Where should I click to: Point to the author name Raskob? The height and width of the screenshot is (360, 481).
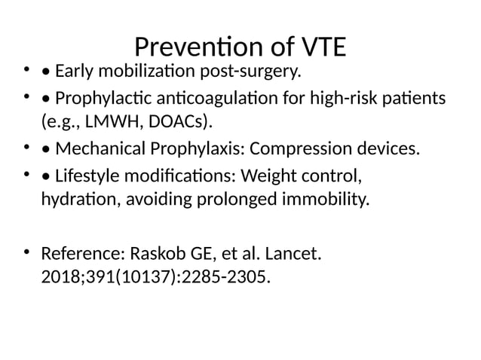point(155,252)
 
